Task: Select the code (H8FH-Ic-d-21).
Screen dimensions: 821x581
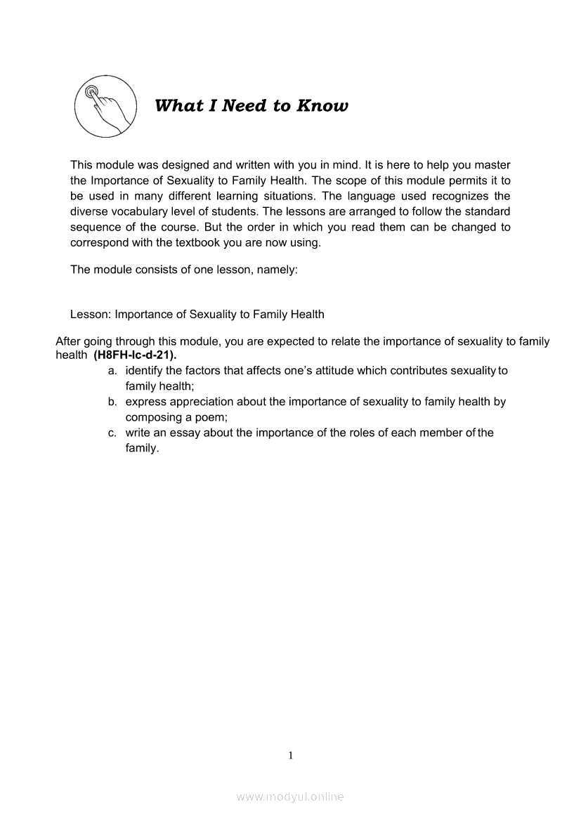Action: click(x=135, y=355)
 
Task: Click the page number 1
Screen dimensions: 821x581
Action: click(x=290, y=756)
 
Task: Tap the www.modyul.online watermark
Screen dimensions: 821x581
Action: click(x=290, y=796)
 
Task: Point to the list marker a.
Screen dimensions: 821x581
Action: click(x=112, y=370)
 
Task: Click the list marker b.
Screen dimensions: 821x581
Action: click(x=112, y=402)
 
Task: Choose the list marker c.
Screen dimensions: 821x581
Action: click(x=112, y=433)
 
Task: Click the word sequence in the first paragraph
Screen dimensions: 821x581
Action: click(x=94, y=227)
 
